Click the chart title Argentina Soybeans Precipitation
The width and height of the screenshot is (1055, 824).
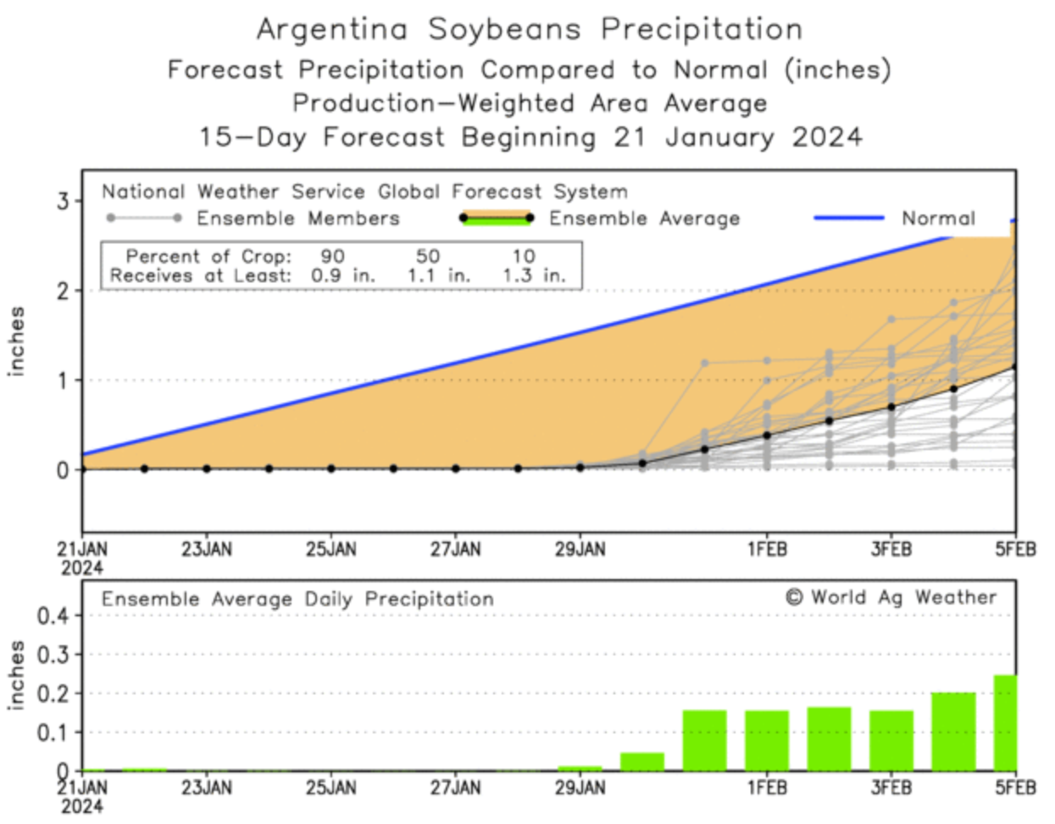click(x=530, y=30)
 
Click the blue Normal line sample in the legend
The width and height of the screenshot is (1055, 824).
click(x=848, y=218)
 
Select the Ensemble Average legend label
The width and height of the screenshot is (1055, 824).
click(x=644, y=219)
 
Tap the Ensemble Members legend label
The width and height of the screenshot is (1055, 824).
click(x=297, y=219)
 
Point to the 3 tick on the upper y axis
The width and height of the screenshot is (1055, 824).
click(x=63, y=202)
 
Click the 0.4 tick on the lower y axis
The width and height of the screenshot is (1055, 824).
click(x=53, y=615)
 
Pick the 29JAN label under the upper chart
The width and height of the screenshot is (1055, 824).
click(x=580, y=549)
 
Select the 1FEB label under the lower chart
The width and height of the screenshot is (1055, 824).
click(x=767, y=788)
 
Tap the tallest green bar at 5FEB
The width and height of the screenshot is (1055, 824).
click(x=1005, y=722)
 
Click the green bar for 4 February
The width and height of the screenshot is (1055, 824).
click(x=953, y=732)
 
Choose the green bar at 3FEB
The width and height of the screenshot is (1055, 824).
click(x=891, y=740)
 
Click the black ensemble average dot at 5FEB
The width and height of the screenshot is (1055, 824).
click(x=1015, y=367)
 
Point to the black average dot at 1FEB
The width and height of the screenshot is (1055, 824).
click(x=767, y=436)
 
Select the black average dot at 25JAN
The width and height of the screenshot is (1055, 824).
click(x=331, y=469)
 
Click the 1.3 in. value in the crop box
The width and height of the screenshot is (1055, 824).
click(x=533, y=276)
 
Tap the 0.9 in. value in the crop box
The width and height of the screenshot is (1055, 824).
click(x=342, y=276)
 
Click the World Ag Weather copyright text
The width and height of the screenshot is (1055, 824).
click(x=891, y=598)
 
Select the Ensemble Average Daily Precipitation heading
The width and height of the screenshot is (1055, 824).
click(x=297, y=599)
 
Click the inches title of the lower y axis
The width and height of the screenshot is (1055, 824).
click(x=16, y=675)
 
